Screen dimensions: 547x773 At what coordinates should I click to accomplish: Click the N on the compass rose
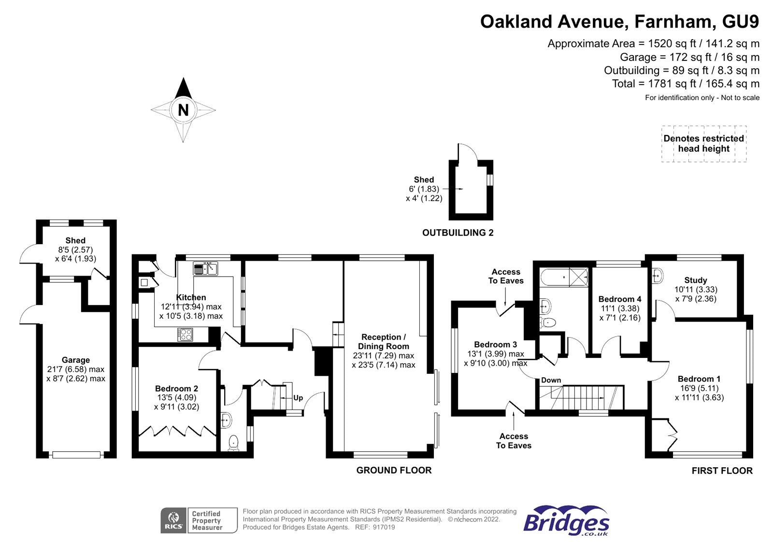(x=183, y=110)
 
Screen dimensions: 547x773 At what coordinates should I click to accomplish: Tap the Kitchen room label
(x=191, y=297)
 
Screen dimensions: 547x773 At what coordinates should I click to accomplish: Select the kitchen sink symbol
(x=206, y=268)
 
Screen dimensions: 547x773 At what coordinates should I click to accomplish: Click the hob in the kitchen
(x=185, y=334)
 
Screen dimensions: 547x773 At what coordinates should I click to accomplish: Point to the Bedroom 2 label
(x=176, y=388)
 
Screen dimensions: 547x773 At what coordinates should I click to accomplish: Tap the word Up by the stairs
(x=298, y=398)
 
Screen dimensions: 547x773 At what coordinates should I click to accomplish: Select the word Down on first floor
(x=551, y=380)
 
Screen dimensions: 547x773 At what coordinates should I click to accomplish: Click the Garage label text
(x=76, y=360)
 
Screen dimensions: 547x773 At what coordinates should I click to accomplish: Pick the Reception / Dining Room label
(x=384, y=341)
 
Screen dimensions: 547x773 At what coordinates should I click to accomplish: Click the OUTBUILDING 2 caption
(x=458, y=233)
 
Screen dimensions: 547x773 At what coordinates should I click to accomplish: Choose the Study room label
(x=695, y=280)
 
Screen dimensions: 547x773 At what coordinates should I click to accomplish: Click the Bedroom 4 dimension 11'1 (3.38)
(x=620, y=309)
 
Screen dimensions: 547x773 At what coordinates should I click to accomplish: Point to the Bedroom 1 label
(x=699, y=379)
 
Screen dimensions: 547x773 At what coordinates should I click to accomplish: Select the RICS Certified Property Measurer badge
(x=199, y=520)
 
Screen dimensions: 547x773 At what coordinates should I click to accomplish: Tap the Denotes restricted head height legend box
(x=703, y=144)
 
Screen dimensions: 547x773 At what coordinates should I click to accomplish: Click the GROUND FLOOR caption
(x=394, y=470)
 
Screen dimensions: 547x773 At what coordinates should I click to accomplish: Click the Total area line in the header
(x=686, y=84)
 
